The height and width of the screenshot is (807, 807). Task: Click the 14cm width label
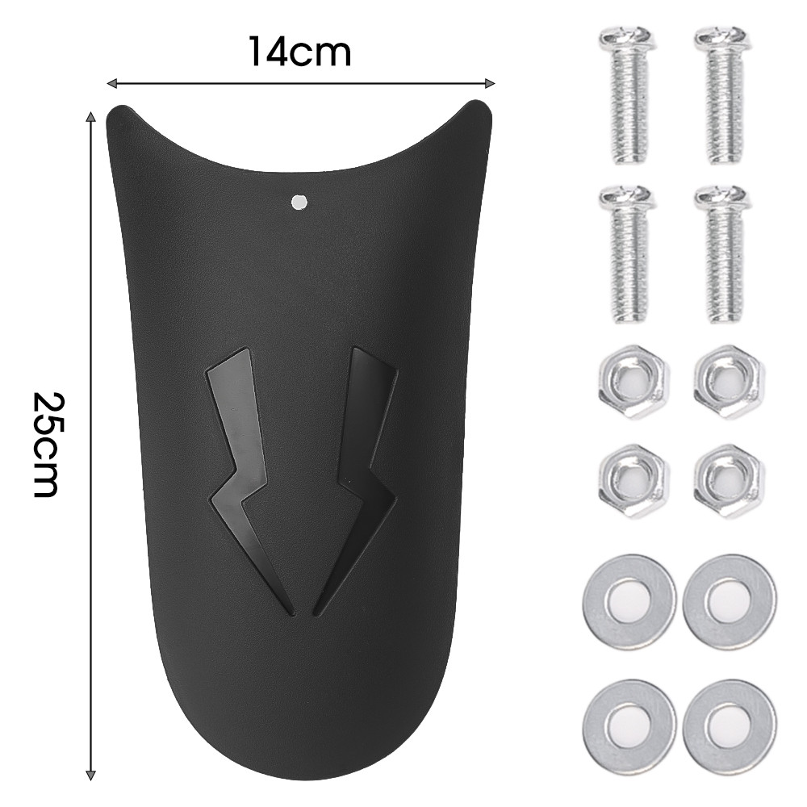tap(300, 52)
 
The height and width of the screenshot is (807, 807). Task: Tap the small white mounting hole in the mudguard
tap(299, 202)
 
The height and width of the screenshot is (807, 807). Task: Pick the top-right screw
tap(721, 97)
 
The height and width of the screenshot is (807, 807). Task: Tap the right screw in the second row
tap(721, 254)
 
